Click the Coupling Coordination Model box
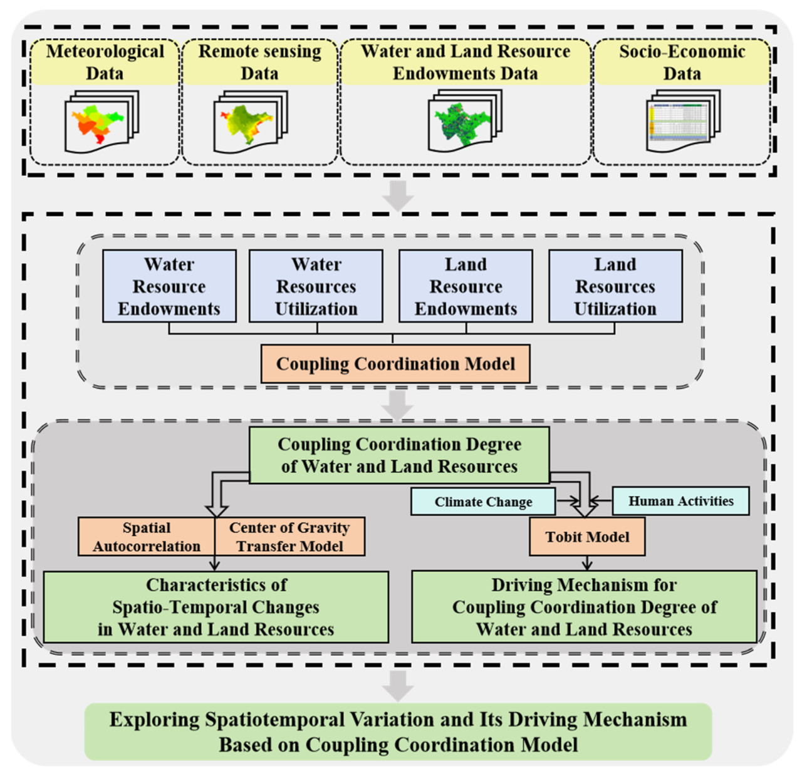pos(395,364)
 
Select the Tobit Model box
pos(587,537)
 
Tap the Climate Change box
pos(483,502)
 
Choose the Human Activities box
pos(680,501)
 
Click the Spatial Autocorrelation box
pos(147,537)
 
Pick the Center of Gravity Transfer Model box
pos(289,537)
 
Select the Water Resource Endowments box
pos(169,286)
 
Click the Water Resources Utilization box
pos(316,286)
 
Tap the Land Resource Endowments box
pos(466,286)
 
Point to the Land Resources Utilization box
pos(615,286)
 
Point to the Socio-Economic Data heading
pos(682,62)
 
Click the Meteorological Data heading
pos(105,62)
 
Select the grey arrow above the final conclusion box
pos(398,686)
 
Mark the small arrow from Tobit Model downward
pos(587,562)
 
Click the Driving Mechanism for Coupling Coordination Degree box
pos(584,607)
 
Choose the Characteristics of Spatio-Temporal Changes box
pos(216,607)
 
